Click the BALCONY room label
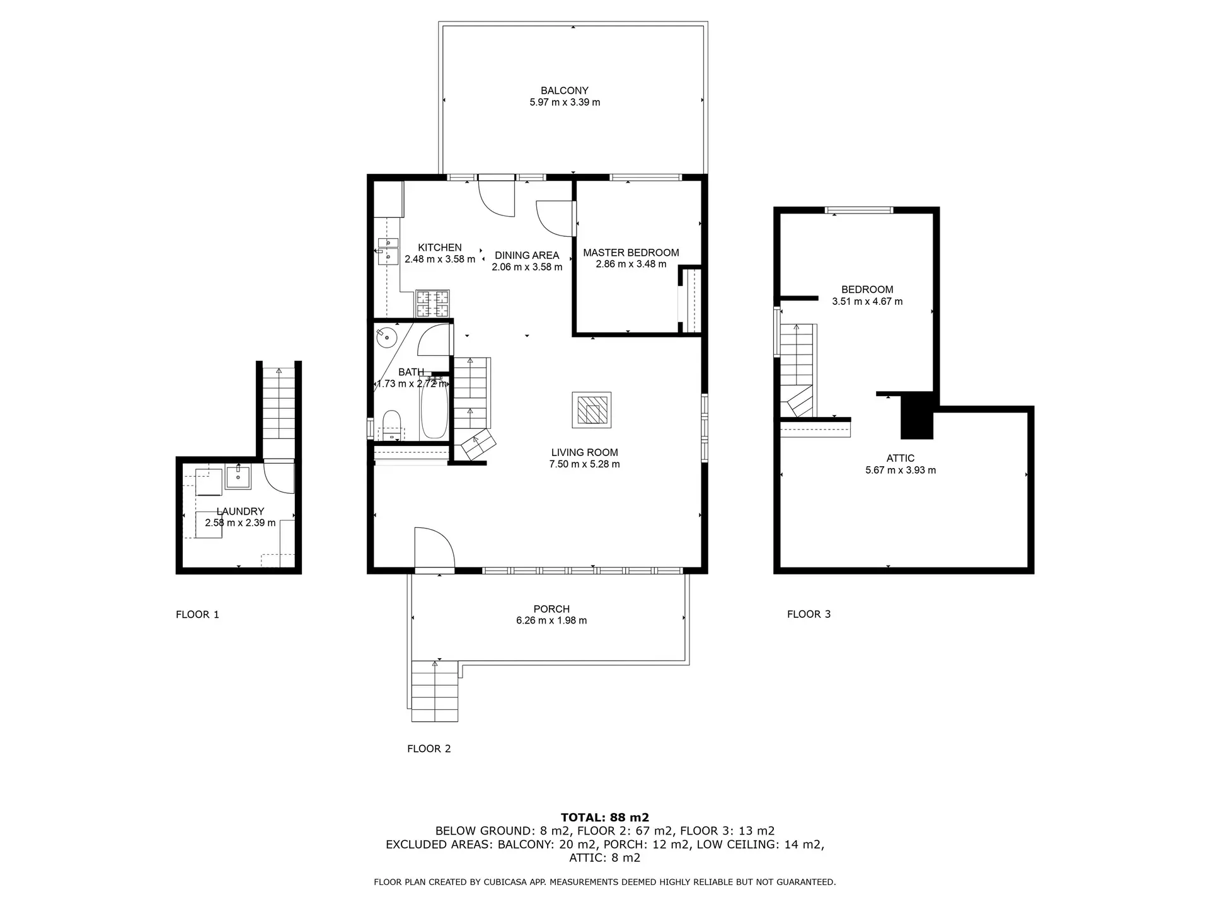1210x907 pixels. (x=564, y=91)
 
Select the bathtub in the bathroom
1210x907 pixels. (x=434, y=409)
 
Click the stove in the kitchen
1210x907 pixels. (x=432, y=303)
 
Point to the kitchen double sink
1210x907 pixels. (x=388, y=250)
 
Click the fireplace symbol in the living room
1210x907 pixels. (x=591, y=410)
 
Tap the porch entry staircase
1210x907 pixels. (x=435, y=690)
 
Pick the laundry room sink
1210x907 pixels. (x=238, y=477)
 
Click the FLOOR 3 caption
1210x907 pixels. (x=809, y=614)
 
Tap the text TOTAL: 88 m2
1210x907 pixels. (x=604, y=818)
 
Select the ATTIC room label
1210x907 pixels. (x=900, y=459)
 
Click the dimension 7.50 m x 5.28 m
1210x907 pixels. (x=584, y=464)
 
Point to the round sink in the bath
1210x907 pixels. (x=386, y=338)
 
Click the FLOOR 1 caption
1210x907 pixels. (x=197, y=615)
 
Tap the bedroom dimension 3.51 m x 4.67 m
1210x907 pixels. (x=867, y=302)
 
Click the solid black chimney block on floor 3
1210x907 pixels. (x=916, y=416)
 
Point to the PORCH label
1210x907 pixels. (x=551, y=609)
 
